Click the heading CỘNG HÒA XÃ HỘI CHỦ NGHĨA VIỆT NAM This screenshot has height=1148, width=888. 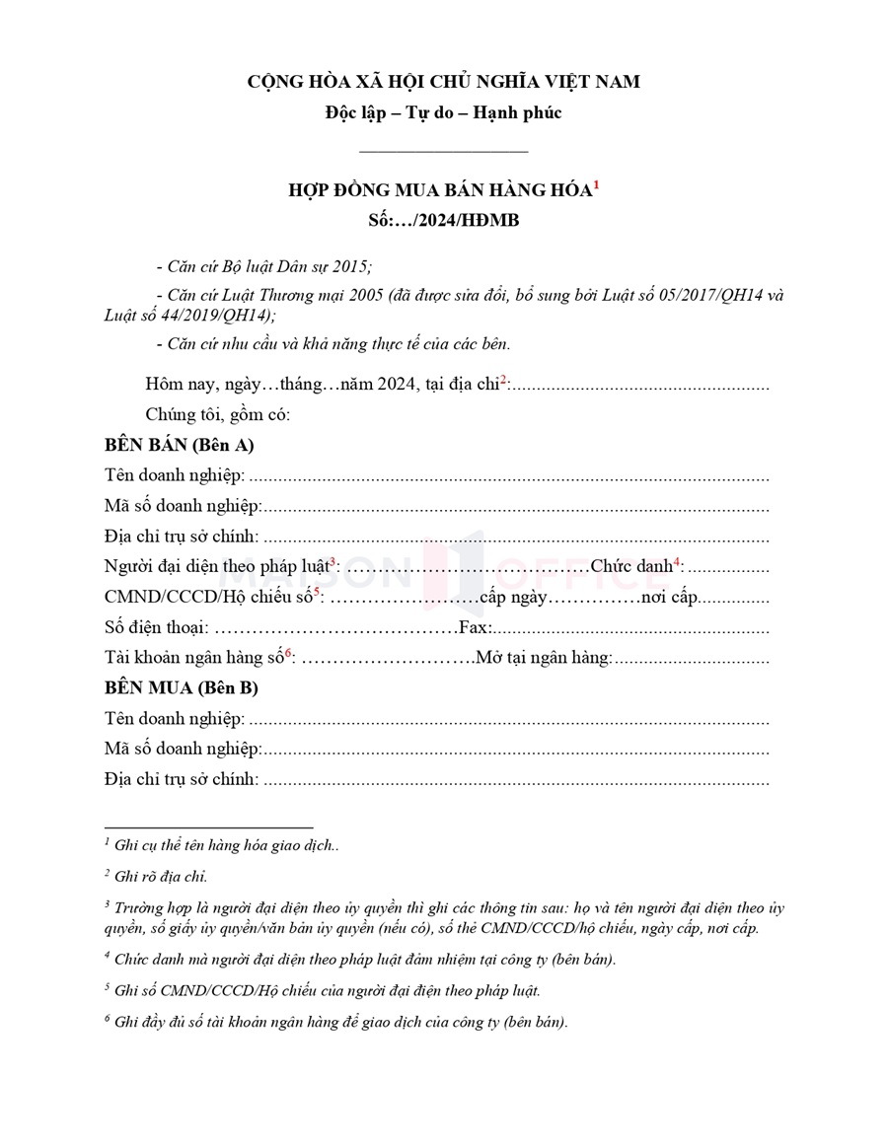pos(443,82)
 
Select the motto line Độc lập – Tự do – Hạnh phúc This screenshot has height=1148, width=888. pos(443,112)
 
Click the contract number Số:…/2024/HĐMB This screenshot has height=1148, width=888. pos(443,221)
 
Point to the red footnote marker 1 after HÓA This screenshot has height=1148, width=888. pos(596,184)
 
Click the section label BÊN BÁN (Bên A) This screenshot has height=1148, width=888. pos(180,445)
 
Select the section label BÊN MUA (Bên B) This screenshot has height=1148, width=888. pos(182,688)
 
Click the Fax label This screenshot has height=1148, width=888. pos(476,628)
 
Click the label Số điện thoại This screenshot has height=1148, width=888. pos(155,628)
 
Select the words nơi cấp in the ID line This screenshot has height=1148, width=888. pos(670,598)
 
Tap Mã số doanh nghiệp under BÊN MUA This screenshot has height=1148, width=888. pos(182,750)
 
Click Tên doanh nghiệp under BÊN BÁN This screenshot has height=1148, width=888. pos(174,476)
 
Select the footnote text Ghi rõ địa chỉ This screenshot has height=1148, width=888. pos(160,875)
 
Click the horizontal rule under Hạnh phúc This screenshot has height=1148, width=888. pos(443,151)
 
